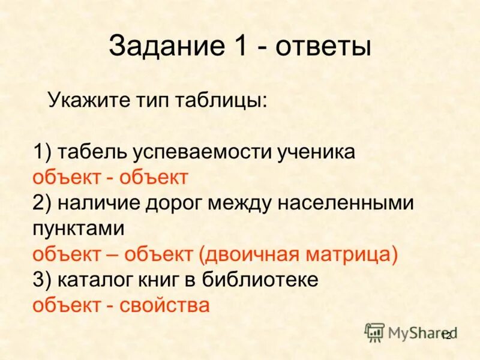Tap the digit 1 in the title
tap(241, 47)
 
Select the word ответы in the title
tap(323, 47)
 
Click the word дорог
tap(173, 203)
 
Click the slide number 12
tap(446, 336)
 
